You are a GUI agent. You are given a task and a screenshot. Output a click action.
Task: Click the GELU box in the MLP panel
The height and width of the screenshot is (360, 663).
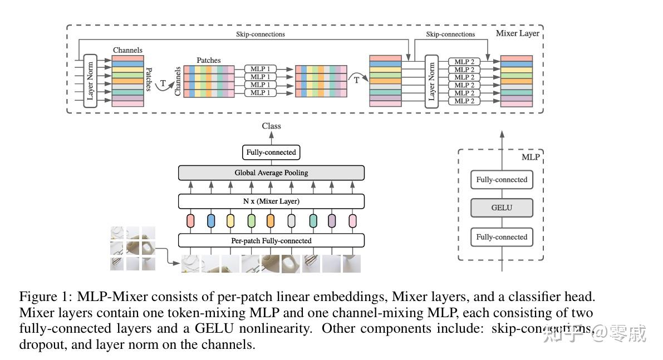point(501,208)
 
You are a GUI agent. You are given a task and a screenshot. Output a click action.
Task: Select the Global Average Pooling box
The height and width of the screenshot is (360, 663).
point(271,173)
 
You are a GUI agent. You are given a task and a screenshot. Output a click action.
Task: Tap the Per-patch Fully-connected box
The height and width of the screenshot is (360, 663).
point(271,241)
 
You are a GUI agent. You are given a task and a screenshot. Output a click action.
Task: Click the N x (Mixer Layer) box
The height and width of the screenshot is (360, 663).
point(271,201)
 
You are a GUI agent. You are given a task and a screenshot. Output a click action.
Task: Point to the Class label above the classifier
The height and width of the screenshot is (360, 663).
point(272,126)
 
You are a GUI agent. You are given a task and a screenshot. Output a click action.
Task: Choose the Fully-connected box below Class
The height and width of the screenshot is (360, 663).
point(271,152)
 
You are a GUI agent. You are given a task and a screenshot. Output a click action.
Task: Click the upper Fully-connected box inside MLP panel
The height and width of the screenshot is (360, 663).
point(501,180)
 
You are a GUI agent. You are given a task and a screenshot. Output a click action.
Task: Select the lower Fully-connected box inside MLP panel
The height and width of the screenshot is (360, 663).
point(501,237)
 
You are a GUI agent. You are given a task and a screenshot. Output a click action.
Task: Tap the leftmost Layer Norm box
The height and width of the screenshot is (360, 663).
point(91,81)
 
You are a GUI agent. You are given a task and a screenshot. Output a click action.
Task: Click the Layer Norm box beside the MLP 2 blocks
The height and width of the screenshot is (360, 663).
point(431,81)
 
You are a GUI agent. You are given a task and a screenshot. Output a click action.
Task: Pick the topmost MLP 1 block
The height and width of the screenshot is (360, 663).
point(260,69)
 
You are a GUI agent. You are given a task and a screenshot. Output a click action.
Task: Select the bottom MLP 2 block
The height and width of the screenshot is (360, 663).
point(464,101)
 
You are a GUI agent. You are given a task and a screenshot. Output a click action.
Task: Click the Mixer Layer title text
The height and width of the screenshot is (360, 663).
point(517,33)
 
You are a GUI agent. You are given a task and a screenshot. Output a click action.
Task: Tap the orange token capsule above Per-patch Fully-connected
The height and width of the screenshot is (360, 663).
point(271,221)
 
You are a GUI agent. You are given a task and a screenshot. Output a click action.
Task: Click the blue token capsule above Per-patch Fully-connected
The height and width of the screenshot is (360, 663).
point(211,221)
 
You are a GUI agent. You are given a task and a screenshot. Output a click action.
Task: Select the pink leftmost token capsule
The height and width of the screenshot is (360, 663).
point(190,221)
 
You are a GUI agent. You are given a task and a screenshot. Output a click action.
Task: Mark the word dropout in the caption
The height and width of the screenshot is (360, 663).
point(41,344)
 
